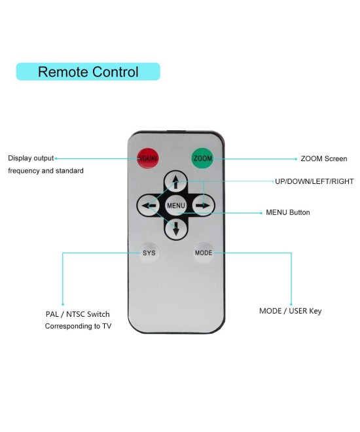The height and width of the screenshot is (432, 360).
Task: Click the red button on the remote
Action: coord(147,158)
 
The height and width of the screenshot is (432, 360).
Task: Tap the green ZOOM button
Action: coord(202,158)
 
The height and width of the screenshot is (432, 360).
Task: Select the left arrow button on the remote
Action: coord(149,206)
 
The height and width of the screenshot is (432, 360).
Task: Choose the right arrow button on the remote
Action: coord(204,206)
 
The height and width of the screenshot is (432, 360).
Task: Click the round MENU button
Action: coord(176,206)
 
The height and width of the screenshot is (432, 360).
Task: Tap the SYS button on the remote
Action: coord(149,252)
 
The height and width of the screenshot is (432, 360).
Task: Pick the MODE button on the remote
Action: coord(204,252)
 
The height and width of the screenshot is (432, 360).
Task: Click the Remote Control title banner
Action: coord(88,71)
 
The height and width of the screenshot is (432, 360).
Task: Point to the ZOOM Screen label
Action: coord(323,158)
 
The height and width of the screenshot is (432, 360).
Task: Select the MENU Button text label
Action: coord(287,213)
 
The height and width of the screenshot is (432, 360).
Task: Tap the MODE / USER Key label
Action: coord(290,311)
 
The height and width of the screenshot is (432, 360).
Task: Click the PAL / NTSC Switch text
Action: coord(73,314)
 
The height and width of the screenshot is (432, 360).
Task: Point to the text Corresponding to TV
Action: coord(78,325)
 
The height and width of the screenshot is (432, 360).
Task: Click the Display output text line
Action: coord(31,158)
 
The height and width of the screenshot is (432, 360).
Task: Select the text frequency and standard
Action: coord(45,171)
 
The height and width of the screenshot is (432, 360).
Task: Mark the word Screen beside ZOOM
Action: coord(334,158)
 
